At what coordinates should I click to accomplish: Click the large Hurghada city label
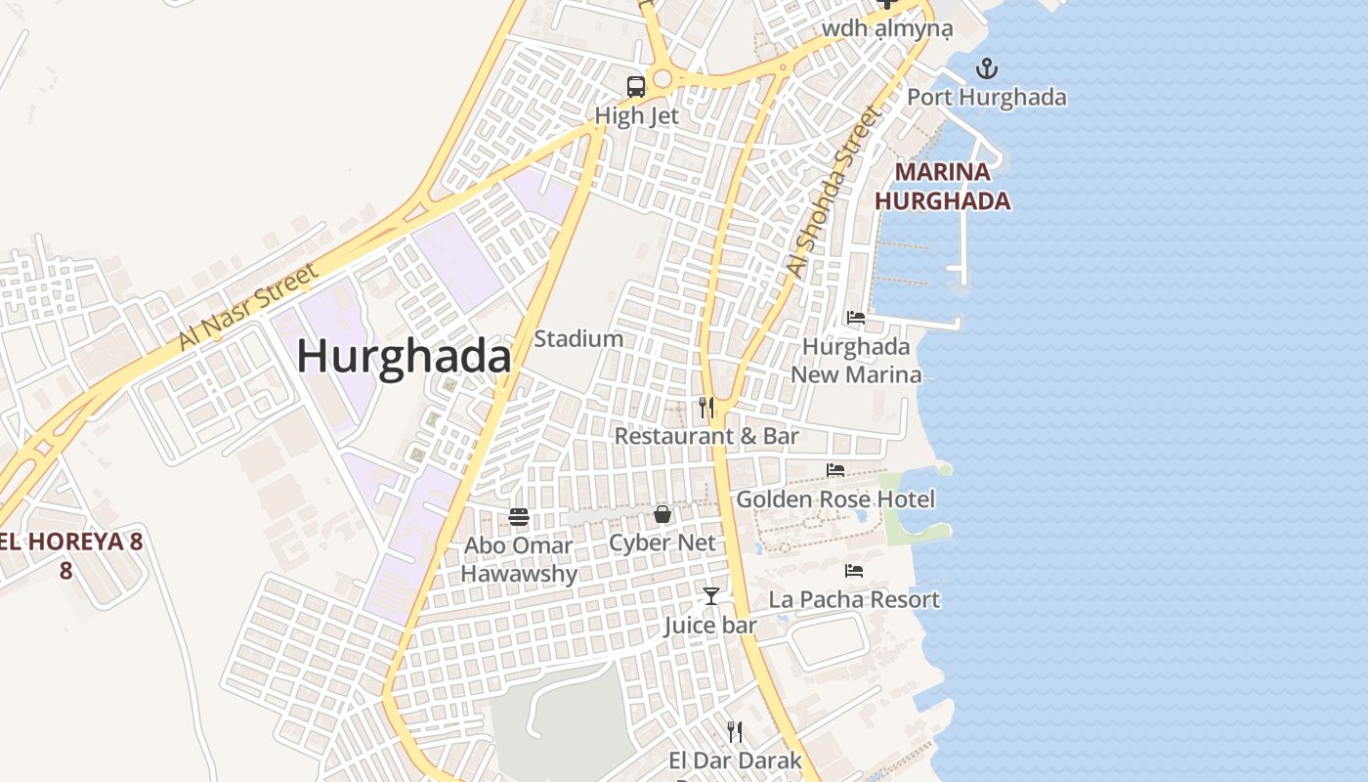(404, 357)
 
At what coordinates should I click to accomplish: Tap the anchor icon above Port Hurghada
(987, 68)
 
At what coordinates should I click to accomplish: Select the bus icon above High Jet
(636, 86)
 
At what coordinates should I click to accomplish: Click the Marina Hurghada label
(942, 187)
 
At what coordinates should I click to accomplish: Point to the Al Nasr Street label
(248, 307)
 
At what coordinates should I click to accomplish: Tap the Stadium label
(578, 339)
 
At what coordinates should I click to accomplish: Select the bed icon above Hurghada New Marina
(856, 318)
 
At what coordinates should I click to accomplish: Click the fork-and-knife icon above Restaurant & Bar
(706, 407)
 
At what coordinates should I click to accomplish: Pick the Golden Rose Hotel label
(835, 500)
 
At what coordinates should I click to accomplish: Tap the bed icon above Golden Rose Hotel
(834, 470)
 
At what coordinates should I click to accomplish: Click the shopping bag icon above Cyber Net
(663, 514)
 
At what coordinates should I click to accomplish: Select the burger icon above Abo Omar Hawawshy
(519, 517)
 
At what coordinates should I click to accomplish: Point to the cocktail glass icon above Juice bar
(711, 595)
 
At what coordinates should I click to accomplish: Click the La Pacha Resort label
(854, 599)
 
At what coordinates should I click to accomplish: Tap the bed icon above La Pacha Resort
(854, 571)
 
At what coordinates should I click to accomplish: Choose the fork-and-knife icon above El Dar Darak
(735, 731)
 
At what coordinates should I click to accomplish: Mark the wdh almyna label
(886, 28)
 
